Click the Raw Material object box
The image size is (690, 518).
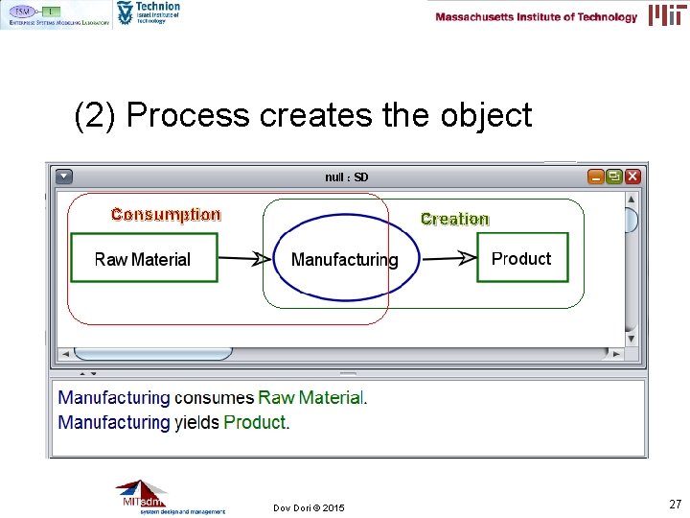tap(144, 258)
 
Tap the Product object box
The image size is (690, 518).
tap(521, 258)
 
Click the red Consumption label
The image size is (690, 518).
tap(166, 215)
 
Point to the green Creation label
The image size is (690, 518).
tap(454, 219)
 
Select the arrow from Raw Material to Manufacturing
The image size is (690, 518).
tap(244, 258)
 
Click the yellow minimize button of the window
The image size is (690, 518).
tap(596, 177)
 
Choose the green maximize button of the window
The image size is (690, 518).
tap(613, 177)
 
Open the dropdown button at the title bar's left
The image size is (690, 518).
tap(64, 177)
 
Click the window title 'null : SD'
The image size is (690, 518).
tap(346, 177)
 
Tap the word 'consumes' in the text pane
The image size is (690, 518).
tap(214, 397)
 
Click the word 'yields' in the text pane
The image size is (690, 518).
tap(196, 422)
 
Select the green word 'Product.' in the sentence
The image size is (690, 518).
tap(257, 422)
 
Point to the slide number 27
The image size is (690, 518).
tap(675, 504)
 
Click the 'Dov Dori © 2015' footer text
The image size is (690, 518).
tap(309, 507)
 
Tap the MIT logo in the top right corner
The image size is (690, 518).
tap(667, 14)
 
